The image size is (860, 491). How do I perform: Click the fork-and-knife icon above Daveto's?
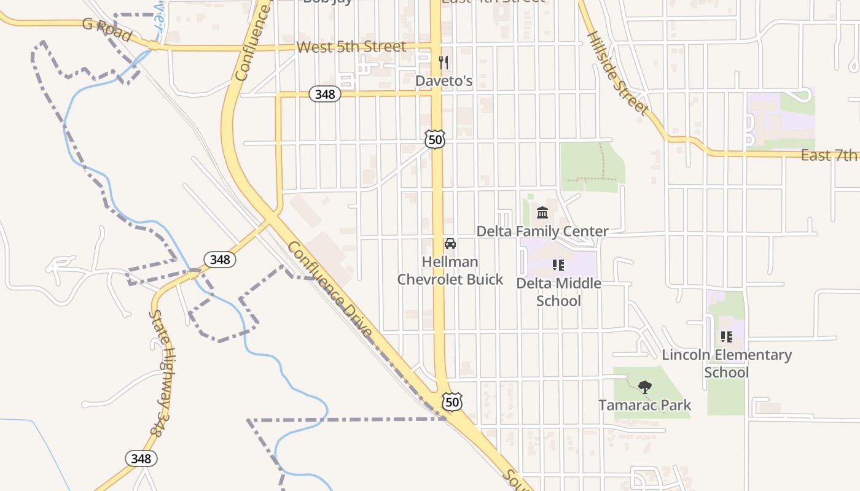click(444, 62)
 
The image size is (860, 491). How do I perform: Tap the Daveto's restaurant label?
click(444, 80)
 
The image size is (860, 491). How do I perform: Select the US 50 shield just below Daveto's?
click(435, 139)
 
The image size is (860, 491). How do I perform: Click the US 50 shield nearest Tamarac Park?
click(452, 401)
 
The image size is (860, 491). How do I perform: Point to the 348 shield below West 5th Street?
click(324, 94)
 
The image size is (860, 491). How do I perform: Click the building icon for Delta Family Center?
click(542, 213)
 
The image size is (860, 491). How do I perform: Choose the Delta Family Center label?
click(542, 231)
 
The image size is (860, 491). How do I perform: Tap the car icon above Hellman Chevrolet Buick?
click(450, 244)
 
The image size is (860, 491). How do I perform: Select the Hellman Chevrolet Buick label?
click(450, 271)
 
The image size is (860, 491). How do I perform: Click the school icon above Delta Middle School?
click(558, 265)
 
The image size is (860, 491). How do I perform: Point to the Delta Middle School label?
click(558, 292)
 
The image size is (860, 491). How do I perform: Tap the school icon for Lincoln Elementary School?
click(727, 336)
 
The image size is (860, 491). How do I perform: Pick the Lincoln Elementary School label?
click(727, 363)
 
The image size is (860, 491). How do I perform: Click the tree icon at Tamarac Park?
click(644, 387)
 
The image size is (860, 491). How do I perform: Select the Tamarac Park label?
click(644, 405)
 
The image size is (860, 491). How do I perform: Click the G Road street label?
click(107, 30)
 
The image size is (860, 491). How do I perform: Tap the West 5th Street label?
click(351, 47)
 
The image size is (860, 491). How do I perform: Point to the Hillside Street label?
click(617, 73)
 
